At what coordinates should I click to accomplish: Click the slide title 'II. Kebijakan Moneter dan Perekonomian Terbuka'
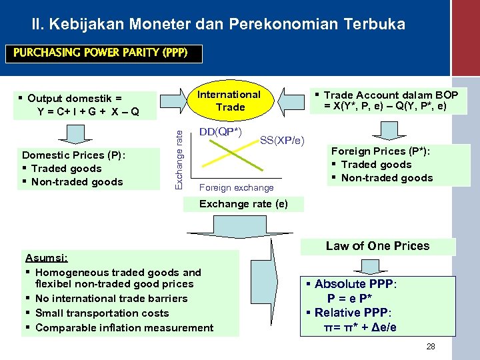click(218, 25)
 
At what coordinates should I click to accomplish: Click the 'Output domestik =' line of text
click(75, 98)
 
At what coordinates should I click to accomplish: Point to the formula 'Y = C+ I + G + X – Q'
click(88, 111)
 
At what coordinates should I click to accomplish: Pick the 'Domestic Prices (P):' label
click(74, 155)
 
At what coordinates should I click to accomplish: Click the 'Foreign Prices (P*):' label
click(381, 151)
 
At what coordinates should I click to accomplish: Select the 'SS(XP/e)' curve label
click(282, 140)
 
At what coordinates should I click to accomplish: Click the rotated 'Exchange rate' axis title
click(178, 157)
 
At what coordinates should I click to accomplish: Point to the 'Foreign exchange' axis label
click(236, 188)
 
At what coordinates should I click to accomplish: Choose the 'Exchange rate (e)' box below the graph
click(244, 203)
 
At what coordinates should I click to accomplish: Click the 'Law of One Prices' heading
click(377, 246)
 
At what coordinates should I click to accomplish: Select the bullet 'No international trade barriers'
click(111, 299)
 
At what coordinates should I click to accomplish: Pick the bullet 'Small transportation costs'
click(101, 313)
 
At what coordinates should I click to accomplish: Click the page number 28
click(430, 347)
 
